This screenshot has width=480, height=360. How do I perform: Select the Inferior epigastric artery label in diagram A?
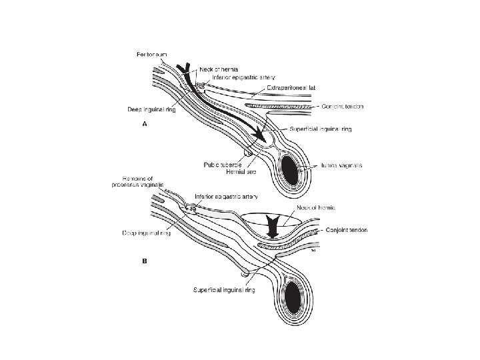pos(245,77)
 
